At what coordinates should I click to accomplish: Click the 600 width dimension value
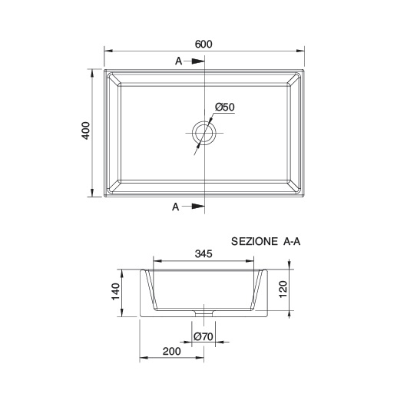[x=203, y=44]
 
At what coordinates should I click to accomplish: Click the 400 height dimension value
[x=87, y=132]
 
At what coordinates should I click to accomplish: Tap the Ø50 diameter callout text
[x=224, y=108]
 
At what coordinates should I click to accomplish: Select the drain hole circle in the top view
[x=205, y=133]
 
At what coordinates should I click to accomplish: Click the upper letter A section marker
[x=178, y=60]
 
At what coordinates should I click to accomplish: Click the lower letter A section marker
[x=176, y=207]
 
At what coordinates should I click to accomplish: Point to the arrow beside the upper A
[x=197, y=60]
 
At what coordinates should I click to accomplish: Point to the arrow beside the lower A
[x=197, y=207]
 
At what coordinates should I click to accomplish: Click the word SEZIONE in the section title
[x=255, y=241]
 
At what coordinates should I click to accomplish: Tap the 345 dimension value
[x=203, y=253]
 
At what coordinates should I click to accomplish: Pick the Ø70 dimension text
[x=203, y=337]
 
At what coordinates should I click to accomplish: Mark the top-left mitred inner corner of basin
[x=113, y=80]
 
